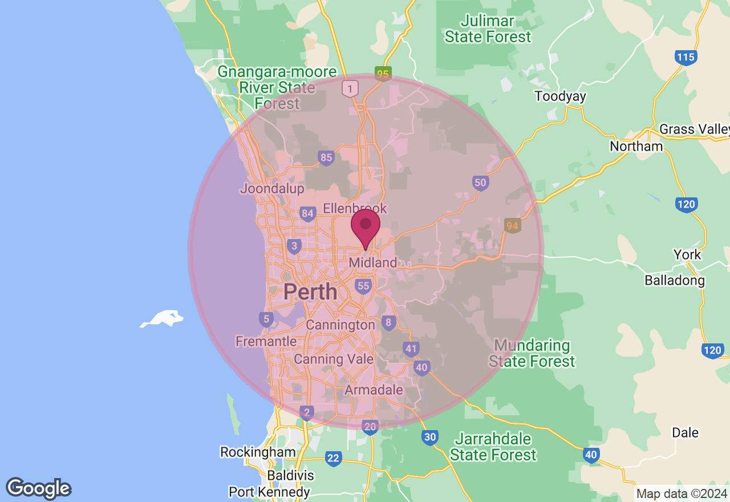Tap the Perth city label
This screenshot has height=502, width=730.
(310, 292)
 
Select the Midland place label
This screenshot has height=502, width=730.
(373, 263)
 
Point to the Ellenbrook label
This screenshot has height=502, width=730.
(355, 208)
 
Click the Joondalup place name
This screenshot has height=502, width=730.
(273, 188)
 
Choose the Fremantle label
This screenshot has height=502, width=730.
(266, 341)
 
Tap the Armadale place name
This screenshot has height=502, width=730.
(374, 390)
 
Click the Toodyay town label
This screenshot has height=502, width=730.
(560, 96)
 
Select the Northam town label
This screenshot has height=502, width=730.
(636, 147)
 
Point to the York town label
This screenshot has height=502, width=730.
(687, 254)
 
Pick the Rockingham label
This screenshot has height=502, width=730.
(258, 452)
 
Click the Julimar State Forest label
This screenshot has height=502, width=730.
(488, 29)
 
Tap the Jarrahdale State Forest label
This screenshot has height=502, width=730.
(493, 447)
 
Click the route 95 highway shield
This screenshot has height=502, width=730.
(383, 74)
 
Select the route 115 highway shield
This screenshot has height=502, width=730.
(686, 57)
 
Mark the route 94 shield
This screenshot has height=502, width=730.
(512, 226)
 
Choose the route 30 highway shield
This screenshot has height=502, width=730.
(430, 438)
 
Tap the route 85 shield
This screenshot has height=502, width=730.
(326, 157)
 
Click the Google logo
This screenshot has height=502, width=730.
(39, 488)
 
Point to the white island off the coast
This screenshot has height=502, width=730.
(163, 318)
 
